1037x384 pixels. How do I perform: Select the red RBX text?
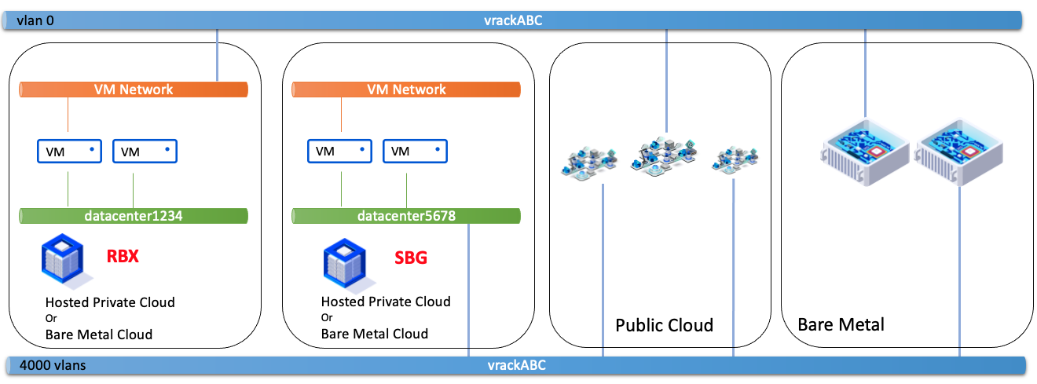(x=123, y=256)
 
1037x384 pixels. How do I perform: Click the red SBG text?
(x=410, y=257)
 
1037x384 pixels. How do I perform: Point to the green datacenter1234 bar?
(x=134, y=216)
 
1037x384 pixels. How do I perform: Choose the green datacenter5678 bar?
(x=406, y=216)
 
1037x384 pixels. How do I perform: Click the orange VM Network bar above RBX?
(x=134, y=90)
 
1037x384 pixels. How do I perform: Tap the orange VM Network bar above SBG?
(x=406, y=90)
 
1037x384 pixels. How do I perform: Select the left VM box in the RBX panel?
(x=70, y=151)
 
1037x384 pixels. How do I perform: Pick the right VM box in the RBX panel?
(x=145, y=151)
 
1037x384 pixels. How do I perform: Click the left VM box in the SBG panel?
(x=339, y=151)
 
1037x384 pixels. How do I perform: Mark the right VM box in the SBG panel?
(x=415, y=151)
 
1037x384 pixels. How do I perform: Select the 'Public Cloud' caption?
(x=664, y=325)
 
